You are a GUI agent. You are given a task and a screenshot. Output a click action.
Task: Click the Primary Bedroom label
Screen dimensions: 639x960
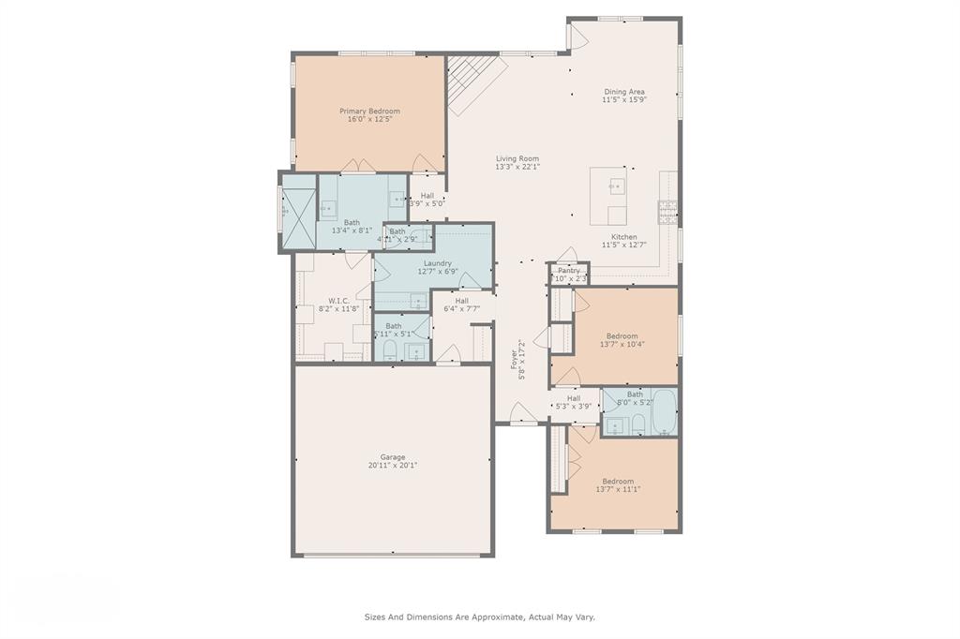tap(369, 111)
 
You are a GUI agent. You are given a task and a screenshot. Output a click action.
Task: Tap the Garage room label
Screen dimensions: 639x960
tap(392, 457)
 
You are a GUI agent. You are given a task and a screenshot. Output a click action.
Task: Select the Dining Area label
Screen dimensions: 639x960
tap(623, 92)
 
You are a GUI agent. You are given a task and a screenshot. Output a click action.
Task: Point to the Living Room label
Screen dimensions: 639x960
tap(517, 158)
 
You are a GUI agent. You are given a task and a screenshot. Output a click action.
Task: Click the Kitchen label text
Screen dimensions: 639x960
tap(623, 237)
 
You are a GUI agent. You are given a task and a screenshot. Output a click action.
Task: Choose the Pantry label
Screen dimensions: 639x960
tap(569, 270)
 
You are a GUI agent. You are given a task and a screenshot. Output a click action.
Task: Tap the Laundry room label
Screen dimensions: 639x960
tap(438, 263)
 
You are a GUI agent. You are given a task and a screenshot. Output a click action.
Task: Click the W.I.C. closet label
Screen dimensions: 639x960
tap(338, 301)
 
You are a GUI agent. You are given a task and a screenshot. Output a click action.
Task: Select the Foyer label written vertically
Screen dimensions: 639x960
tap(514, 361)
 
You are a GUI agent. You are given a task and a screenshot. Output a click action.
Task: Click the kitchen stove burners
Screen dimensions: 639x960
tap(667, 213)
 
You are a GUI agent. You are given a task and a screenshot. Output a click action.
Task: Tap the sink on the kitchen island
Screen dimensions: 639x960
tap(617, 185)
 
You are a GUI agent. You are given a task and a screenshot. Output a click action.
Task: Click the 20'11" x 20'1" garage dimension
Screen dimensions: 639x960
tap(392, 466)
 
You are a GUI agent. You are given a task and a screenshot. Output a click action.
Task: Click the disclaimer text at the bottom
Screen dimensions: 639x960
tap(479, 617)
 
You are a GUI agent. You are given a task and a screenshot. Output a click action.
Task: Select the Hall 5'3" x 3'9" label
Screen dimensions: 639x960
tap(573, 402)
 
